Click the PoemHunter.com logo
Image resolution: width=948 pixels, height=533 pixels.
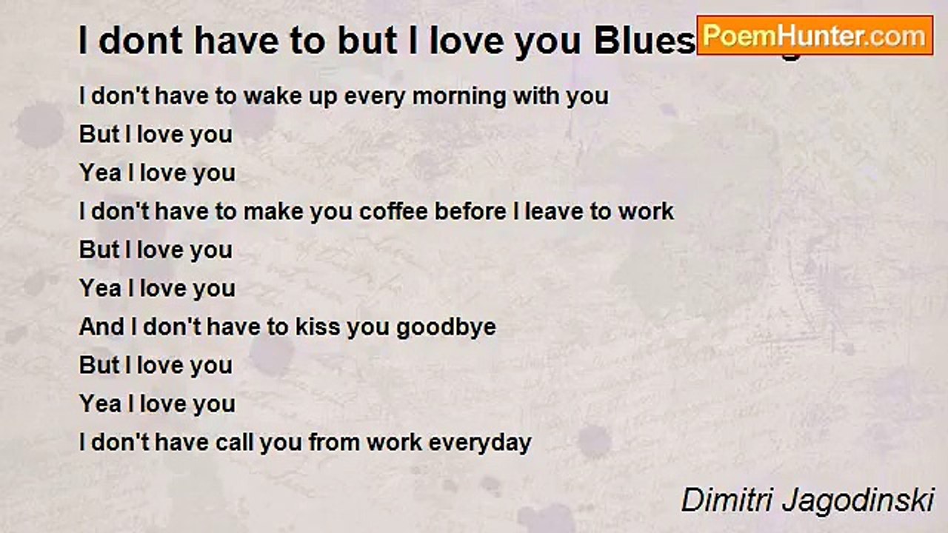tap(815, 35)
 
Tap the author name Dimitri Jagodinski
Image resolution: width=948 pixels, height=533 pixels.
tap(807, 500)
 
